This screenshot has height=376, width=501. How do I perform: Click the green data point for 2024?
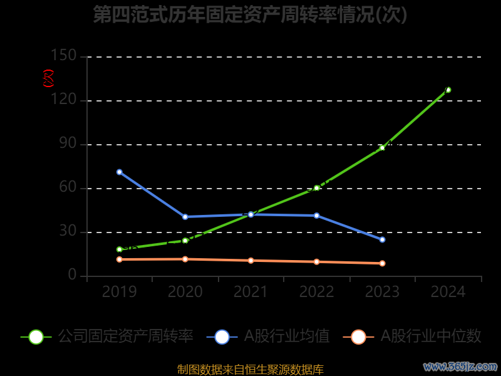click(448, 90)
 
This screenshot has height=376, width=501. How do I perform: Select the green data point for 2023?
click(382, 148)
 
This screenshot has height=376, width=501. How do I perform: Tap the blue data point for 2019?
click(119, 172)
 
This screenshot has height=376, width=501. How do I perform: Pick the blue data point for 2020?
click(185, 217)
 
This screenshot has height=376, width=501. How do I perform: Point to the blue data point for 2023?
click(382, 239)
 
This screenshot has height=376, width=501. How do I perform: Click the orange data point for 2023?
click(382, 263)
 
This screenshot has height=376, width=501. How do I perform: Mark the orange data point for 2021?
click(250, 261)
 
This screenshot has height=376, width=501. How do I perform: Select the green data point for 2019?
click(119, 249)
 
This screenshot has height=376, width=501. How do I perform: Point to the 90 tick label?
click(68, 144)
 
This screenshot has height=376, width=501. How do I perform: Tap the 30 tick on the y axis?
click(68, 232)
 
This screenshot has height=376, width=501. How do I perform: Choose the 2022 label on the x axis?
click(316, 292)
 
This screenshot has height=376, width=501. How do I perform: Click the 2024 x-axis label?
click(448, 292)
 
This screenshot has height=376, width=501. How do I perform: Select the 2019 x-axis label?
click(119, 292)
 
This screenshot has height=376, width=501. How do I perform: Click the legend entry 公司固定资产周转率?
click(125, 337)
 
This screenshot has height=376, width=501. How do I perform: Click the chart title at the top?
click(250, 14)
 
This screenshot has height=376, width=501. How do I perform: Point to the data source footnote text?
click(250, 370)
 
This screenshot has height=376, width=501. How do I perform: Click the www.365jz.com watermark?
click(460, 366)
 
